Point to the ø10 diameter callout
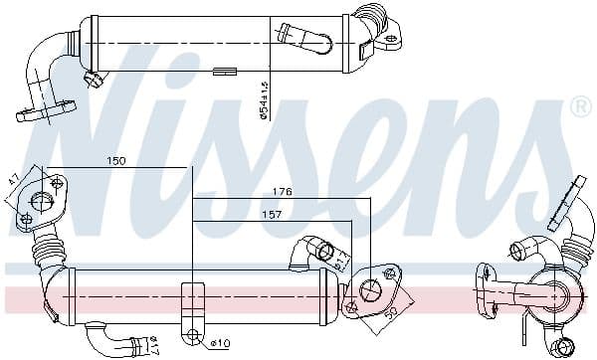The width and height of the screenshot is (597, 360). click(x=219, y=344)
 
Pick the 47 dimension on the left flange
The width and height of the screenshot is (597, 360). click(x=13, y=182)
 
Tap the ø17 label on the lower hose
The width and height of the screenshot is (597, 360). click(x=152, y=347)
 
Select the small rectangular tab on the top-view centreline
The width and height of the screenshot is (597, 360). click(x=224, y=70)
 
